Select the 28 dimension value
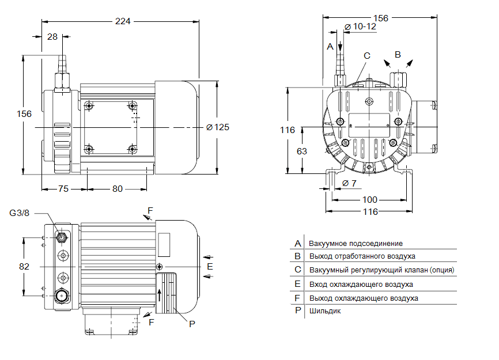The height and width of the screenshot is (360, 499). pos(52,36)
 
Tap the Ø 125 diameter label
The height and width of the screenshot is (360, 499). pos(218,127)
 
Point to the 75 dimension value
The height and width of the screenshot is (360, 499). pos(63,189)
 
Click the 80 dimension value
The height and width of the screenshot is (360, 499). pos(118,189)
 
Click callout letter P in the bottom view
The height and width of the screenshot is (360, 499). pos(192,324)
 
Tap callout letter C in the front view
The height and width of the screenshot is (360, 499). pos(366,56)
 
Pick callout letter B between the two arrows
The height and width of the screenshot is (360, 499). pos(397,54)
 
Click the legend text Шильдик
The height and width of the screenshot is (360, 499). pos(325,311)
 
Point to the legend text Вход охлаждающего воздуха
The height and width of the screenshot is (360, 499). pos(361,284)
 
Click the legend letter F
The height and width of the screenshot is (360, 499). pos(297,298)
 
